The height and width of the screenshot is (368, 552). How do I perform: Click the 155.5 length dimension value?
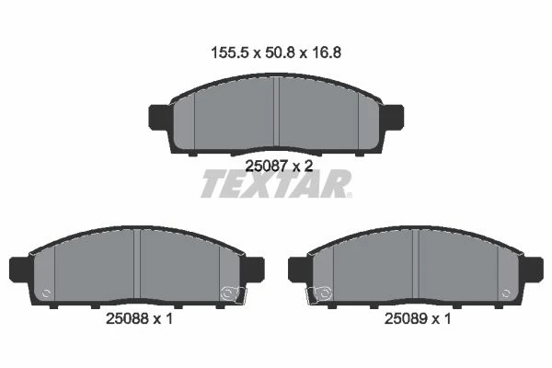(230, 52)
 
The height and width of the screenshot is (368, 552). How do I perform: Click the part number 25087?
(267, 166)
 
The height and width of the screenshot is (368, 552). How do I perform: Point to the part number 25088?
(128, 318)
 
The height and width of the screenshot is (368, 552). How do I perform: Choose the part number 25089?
(406, 318)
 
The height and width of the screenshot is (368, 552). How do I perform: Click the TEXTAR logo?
(276, 183)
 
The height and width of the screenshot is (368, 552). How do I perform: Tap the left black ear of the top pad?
(160, 116)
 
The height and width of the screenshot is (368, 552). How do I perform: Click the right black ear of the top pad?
(393, 116)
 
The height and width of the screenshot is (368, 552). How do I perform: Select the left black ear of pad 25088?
(20, 270)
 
